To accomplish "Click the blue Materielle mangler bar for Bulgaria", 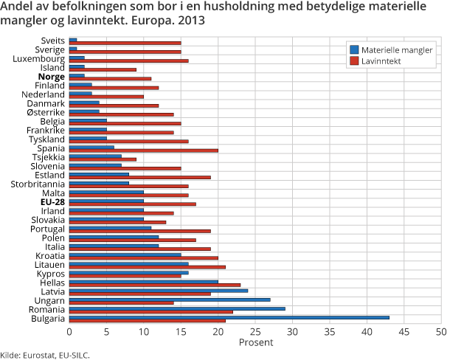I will point(229,317).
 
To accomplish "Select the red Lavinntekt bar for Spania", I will point(144,150).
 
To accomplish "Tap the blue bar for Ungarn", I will point(170,300).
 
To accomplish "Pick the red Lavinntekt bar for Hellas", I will point(155,284).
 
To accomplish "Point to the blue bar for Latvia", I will point(159,291).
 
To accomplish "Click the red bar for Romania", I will point(151,311).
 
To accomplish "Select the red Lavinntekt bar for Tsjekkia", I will point(103,159).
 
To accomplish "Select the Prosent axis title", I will point(256,343).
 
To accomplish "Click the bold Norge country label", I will point(51,77).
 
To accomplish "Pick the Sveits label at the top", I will point(53,41).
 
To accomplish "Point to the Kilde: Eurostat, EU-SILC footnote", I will point(45,355).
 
